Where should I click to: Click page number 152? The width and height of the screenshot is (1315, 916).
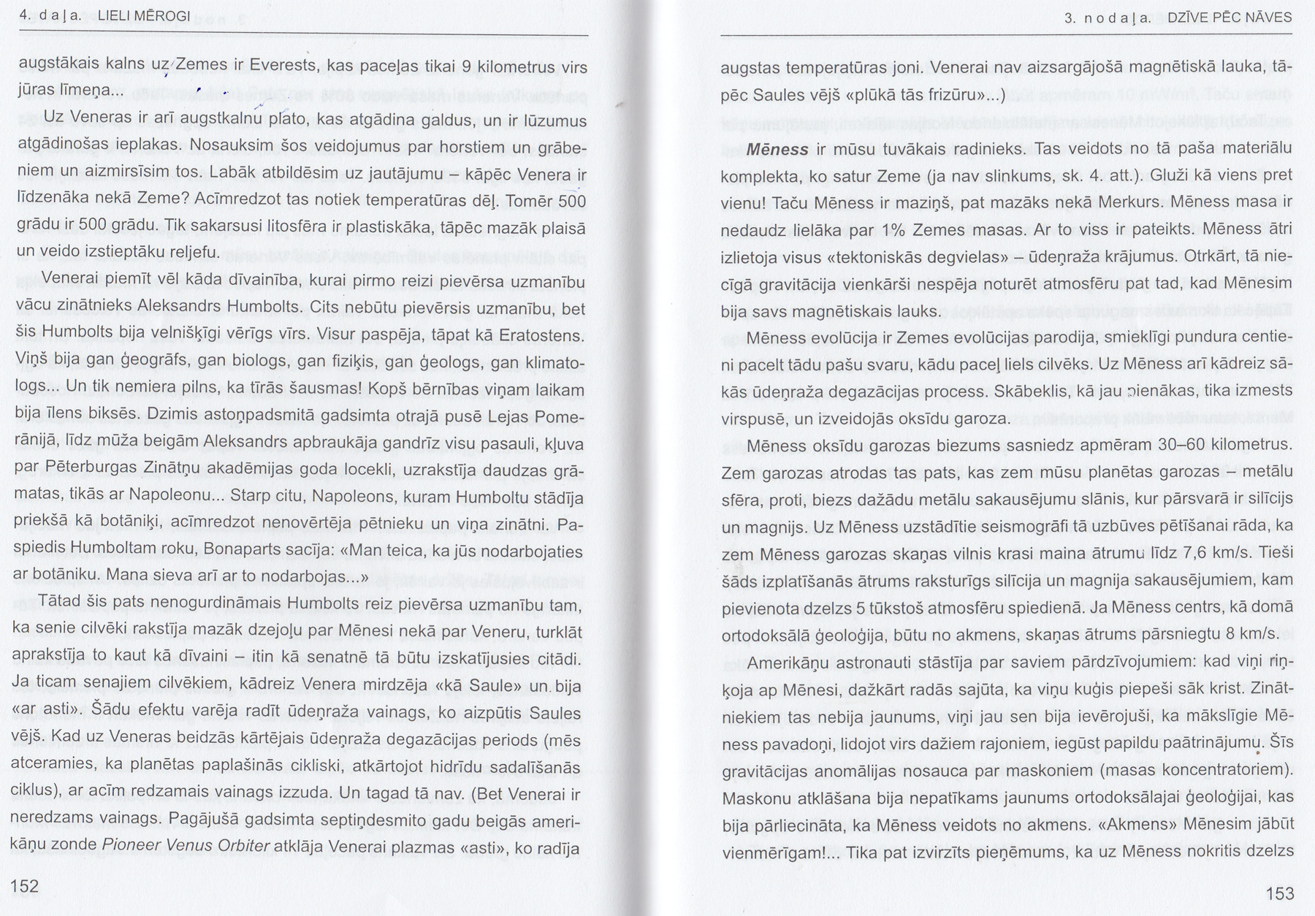click(24, 886)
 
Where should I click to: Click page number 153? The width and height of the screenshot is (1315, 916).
click(1279, 893)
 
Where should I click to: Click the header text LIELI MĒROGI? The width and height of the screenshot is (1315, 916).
click(148, 16)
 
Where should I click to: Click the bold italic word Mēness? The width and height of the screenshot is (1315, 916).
click(777, 150)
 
